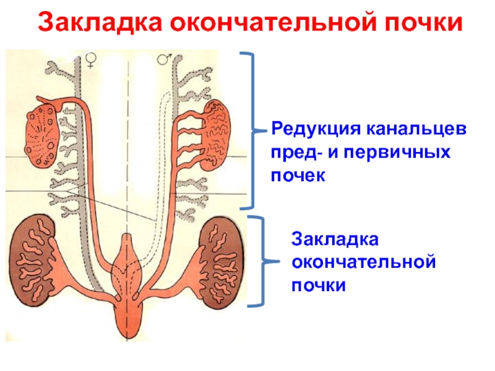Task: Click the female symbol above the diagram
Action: click(x=91, y=59)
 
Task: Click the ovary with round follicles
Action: click(x=40, y=133)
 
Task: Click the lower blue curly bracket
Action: click(x=259, y=260)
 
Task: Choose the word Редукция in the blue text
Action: click(x=313, y=131)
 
